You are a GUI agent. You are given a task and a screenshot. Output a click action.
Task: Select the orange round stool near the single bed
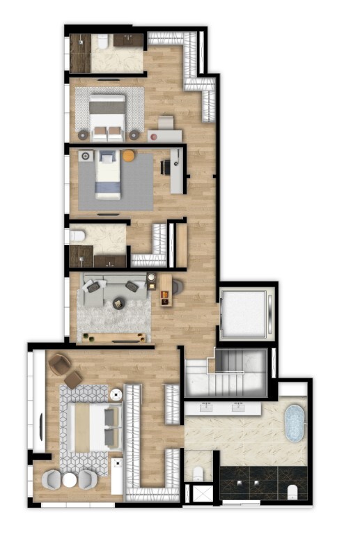coord(129,156)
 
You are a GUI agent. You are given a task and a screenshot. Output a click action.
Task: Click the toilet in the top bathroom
coord(102,42)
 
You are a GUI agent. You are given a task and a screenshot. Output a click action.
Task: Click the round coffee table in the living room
coord(118,302)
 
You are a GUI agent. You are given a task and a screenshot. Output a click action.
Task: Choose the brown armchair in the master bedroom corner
coord(60,364)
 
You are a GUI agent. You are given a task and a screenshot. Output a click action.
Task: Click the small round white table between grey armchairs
coord(70,480)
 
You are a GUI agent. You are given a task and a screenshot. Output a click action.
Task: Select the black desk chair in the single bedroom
coord(166,167)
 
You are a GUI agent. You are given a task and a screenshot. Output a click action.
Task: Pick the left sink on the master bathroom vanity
coord(207,406)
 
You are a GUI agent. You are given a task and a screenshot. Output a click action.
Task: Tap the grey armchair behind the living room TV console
coord(177,286)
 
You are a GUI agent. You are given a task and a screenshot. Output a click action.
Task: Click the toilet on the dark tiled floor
coord(292,491)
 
